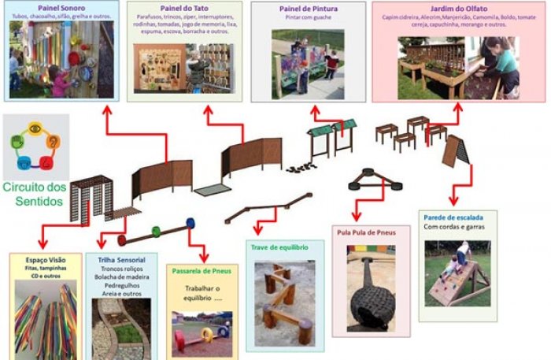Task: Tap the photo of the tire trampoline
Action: [371, 295]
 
